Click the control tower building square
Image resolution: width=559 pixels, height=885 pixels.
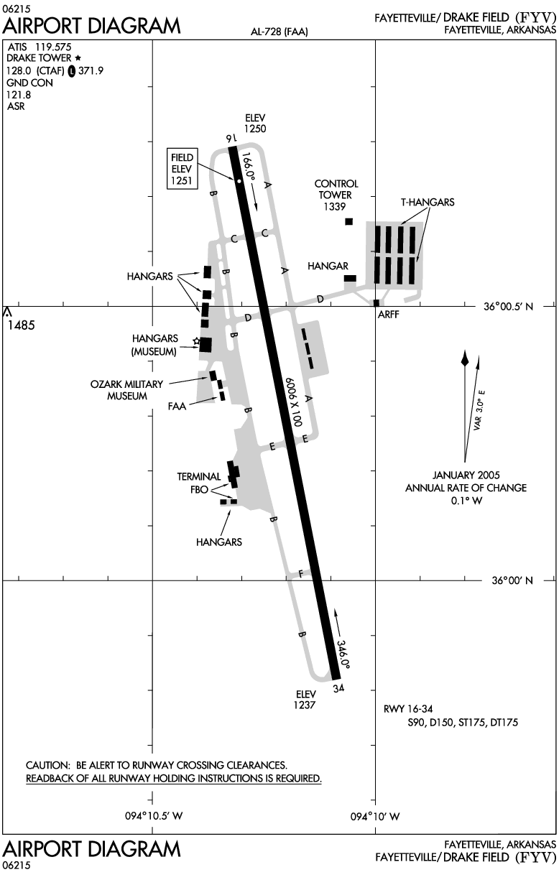pos(349,221)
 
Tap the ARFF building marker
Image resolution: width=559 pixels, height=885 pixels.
pos(376,303)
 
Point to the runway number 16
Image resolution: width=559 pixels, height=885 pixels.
pos(231,137)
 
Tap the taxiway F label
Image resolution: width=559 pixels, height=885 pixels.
pos(300,573)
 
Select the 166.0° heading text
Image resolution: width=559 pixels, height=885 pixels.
pos(249,166)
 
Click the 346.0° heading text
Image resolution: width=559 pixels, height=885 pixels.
pos(343,655)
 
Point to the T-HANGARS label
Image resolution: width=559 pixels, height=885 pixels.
pos(428,203)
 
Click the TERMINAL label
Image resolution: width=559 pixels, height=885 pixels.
pos(199,476)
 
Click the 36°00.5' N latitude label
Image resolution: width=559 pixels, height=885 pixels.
pos(508,307)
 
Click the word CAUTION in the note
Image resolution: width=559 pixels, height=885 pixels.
pos(49,765)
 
